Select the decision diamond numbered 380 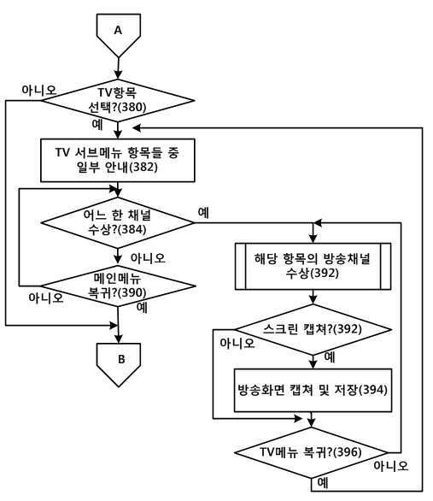(118, 100)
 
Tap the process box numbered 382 (118, 161)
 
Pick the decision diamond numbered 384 (118, 222)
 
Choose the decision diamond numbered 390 (118, 286)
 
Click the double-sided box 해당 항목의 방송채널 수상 (313, 267)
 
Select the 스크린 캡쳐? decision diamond (313, 329)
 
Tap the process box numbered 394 (313, 391)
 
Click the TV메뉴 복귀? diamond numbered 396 (311, 452)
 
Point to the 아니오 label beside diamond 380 (38, 90)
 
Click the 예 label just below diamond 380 (97, 124)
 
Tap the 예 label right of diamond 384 (203, 213)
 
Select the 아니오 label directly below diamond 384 (148, 258)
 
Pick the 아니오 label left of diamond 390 (46, 298)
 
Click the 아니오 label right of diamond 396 (391, 466)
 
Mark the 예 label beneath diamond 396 (323, 483)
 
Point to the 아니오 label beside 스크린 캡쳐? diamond (237, 344)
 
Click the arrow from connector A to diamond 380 (119, 68)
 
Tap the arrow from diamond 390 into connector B (119, 325)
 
